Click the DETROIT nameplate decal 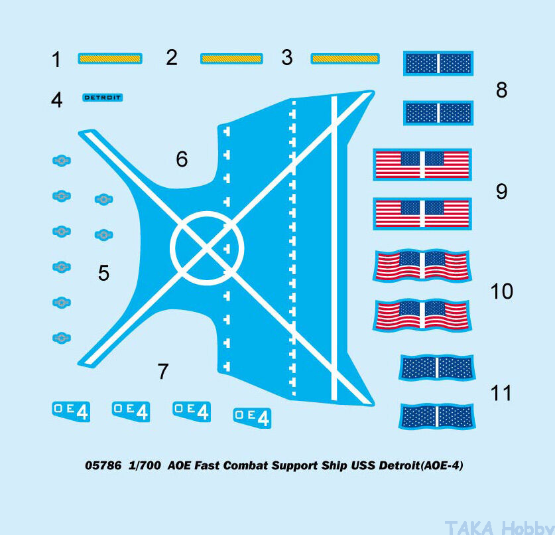pos(103,98)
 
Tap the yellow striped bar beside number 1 pos(109,58)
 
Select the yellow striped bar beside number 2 pos(231,58)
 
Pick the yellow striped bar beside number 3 pos(345,58)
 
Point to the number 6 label pos(182,159)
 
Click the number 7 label pos(162,371)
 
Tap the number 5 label pos(103,273)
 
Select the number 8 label pos(501,90)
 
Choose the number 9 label pos(501,192)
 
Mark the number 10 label pos(501,291)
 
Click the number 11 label pos(501,393)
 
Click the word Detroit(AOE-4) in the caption pos(421,465)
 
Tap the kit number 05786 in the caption pos(103,465)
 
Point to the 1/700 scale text pos(145,465)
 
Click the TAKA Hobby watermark pos(499,528)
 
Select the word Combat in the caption pos(245,465)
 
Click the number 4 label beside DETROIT pos(56,100)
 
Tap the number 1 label pos(56,60)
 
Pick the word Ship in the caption pos(334,466)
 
